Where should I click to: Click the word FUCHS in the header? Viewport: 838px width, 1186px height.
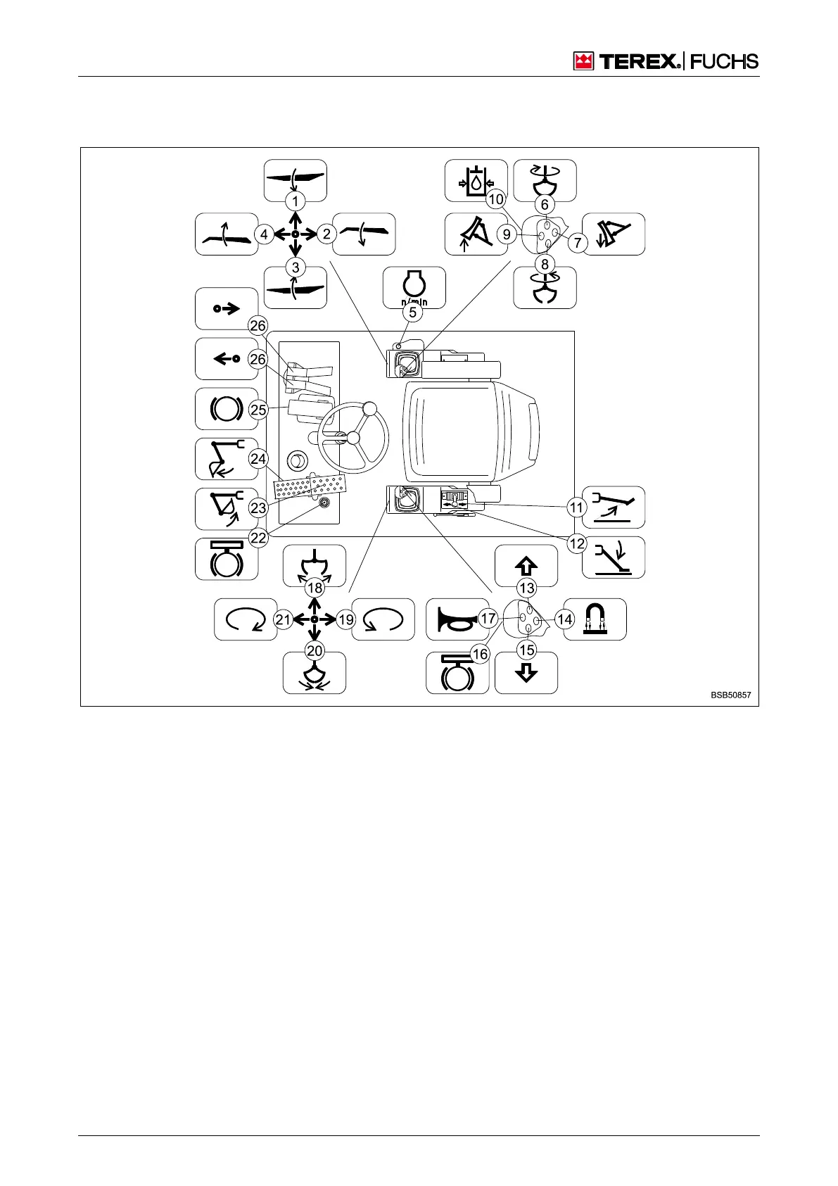724,62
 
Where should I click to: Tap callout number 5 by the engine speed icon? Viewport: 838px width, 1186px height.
413,312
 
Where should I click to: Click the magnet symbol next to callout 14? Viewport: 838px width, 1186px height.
595,619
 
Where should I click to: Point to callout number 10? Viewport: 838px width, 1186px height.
496,199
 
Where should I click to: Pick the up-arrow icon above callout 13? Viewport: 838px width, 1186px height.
526,564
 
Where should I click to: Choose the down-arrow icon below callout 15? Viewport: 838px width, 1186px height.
526,673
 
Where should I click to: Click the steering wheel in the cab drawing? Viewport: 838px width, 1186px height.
353,437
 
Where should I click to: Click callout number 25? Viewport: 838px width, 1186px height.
259,410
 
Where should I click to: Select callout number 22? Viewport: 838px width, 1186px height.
259,538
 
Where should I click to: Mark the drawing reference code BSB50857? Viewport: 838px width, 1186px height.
730,695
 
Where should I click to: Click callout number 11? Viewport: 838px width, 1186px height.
577,507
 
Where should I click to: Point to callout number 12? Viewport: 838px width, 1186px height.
577,543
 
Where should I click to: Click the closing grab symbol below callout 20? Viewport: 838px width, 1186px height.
315,674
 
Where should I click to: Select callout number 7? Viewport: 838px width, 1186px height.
577,243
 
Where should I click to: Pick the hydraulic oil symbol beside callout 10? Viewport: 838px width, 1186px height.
476,180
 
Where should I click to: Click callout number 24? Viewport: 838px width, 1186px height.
259,459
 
